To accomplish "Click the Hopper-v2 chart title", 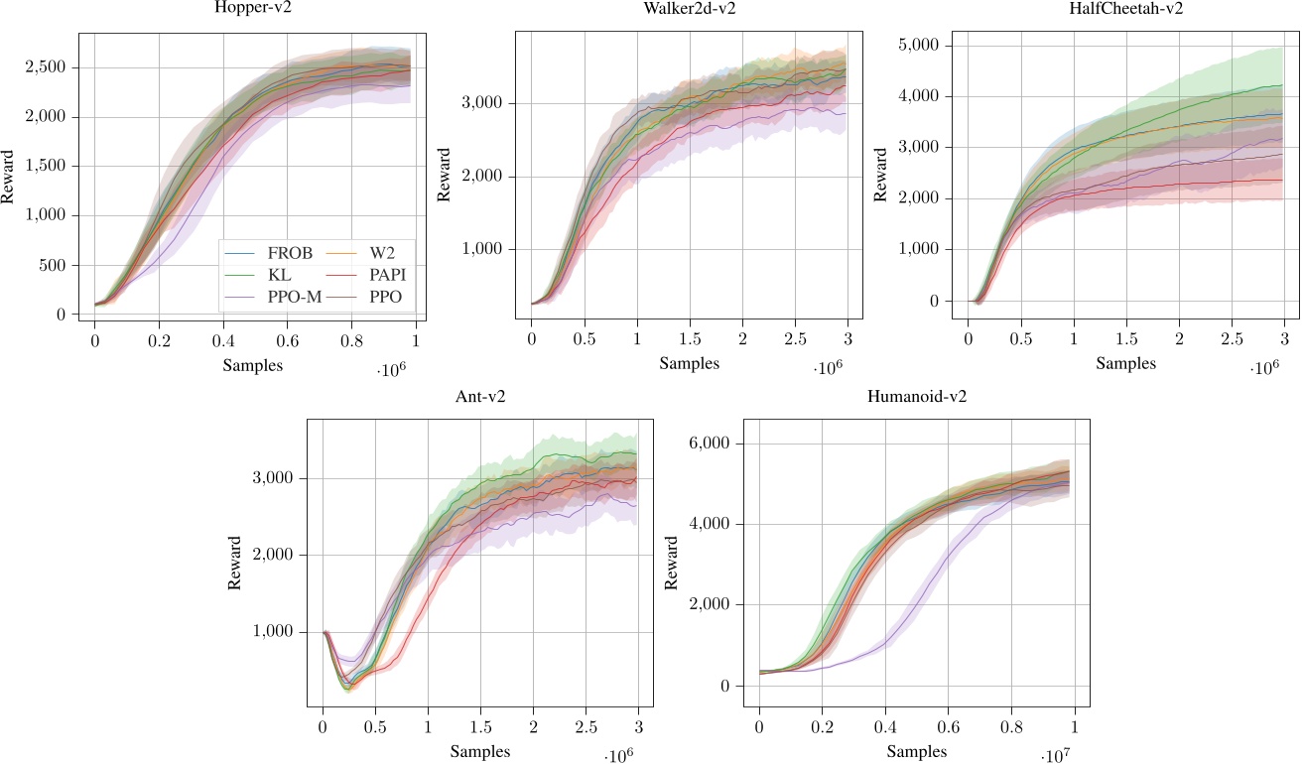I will point(252,8).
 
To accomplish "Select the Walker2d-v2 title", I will point(689,8).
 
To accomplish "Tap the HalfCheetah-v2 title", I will point(1125,8).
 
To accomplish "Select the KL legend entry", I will point(279,275).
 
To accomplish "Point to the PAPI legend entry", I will point(383,275).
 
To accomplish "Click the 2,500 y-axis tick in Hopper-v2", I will point(47,67).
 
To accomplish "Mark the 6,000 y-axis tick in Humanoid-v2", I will point(713,444).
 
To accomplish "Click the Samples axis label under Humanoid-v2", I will point(916,752).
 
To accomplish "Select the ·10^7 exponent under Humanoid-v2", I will point(1056,757).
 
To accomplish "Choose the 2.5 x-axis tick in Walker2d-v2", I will point(795,339).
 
